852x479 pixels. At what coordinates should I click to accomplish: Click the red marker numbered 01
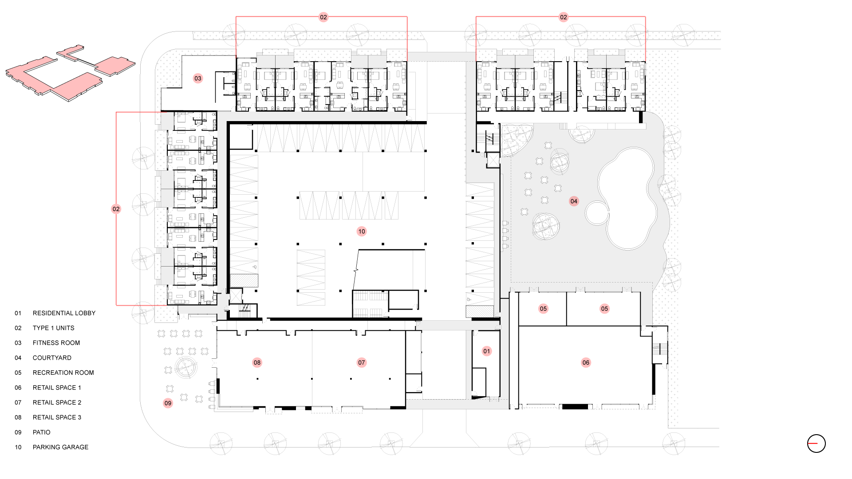(x=487, y=351)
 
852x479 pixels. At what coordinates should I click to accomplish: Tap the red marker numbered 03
(x=198, y=79)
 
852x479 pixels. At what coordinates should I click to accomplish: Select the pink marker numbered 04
(x=574, y=201)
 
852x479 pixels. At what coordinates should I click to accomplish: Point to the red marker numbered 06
(x=586, y=363)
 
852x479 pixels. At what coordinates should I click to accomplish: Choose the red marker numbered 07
(x=362, y=363)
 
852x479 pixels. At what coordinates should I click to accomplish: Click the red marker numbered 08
(x=257, y=363)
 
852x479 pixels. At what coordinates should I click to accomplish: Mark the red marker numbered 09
(x=168, y=403)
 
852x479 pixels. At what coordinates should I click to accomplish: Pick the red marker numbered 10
(x=362, y=232)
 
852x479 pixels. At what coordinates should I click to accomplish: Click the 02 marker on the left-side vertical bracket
(x=116, y=209)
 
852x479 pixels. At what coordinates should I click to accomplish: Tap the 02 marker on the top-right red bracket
(x=564, y=17)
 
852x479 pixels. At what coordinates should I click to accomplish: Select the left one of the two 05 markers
(x=543, y=309)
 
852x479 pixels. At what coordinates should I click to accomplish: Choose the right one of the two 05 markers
(x=604, y=309)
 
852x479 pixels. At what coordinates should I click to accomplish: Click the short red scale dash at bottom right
(x=813, y=443)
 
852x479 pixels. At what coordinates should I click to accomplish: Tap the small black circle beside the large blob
(x=596, y=213)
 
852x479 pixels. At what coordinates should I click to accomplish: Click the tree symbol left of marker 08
(x=186, y=367)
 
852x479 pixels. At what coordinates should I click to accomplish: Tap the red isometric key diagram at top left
(x=71, y=73)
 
